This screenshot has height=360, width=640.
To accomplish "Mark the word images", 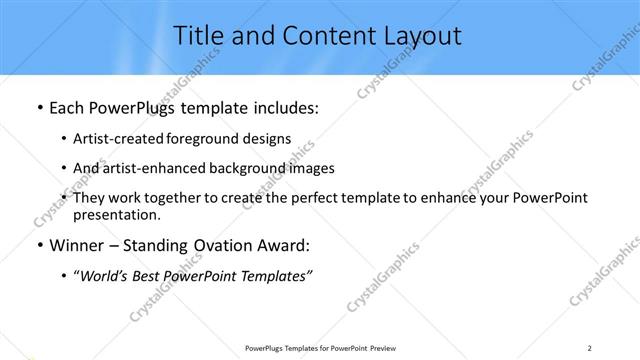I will (311, 168).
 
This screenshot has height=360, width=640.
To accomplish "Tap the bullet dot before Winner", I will (38, 245).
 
